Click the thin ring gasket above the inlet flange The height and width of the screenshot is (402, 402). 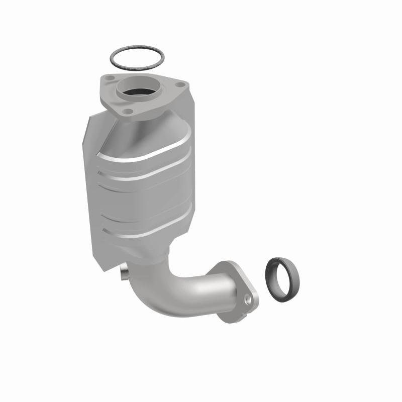tap(114, 55)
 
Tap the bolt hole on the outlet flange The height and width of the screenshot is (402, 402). tap(248, 300)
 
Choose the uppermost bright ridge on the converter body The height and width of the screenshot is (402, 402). tap(146, 156)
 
